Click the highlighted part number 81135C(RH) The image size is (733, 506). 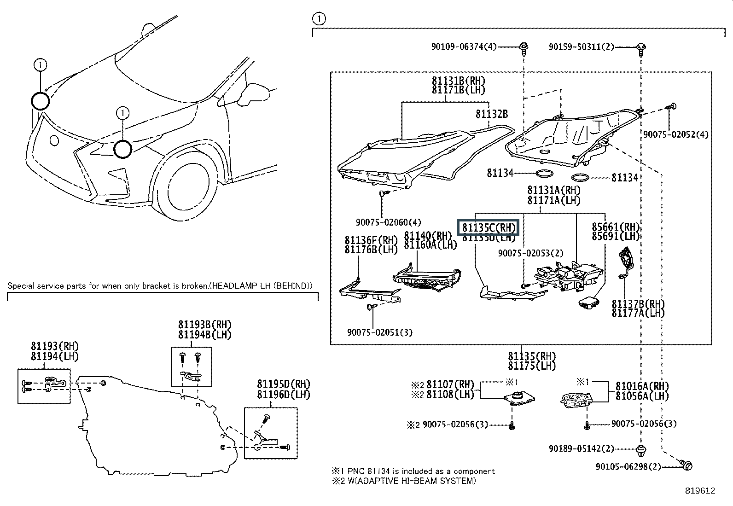488,227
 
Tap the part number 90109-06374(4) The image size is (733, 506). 464,47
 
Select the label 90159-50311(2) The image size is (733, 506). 582,47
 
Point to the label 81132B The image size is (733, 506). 492,114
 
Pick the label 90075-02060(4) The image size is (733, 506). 388,222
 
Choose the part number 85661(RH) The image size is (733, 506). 616,227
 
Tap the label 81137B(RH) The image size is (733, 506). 638,304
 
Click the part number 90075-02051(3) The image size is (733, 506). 380,332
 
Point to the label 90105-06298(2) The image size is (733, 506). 628,467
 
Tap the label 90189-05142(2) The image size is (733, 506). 582,448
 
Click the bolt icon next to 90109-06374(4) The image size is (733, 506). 524,47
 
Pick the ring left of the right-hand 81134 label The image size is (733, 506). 580,177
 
